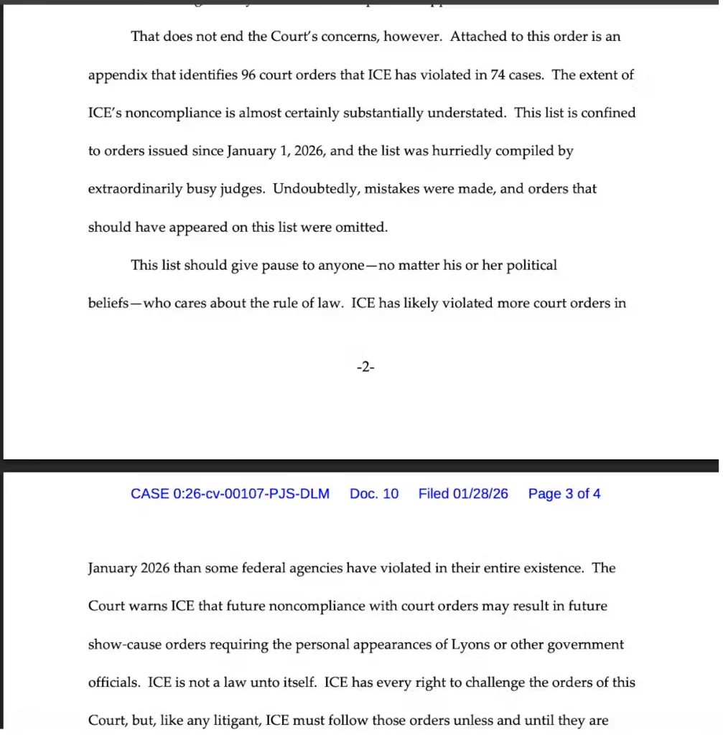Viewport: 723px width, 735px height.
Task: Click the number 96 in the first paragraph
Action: tap(249, 75)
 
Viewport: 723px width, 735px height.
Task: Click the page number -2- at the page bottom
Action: tap(365, 367)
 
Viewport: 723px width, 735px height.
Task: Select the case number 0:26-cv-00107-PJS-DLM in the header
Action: tap(230, 494)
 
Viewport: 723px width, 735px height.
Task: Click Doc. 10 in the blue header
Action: tap(374, 494)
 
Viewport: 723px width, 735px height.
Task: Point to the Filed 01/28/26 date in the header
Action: tap(463, 494)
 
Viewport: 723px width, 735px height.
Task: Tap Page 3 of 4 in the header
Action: tap(564, 494)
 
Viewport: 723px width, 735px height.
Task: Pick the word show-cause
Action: tap(121, 645)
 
